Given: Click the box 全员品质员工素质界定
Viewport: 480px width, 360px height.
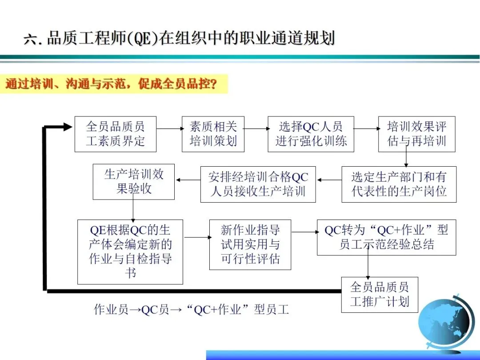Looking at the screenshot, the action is pyautogui.click(x=115, y=134).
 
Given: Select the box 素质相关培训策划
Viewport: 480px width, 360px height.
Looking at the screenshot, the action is pyautogui.click(x=213, y=134).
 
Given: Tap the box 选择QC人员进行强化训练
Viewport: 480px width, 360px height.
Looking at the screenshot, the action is pyautogui.click(x=311, y=134).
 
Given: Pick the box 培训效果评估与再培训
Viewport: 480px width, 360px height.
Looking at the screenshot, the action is pyautogui.click(x=416, y=134).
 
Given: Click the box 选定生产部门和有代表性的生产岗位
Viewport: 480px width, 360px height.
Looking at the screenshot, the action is pyautogui.click(x=399, y=184).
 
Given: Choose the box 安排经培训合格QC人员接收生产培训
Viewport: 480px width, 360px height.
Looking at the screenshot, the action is pyautogui.click(x=258, y=184).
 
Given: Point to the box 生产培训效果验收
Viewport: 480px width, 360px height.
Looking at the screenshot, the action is pyautogui.click(x=133, y=181).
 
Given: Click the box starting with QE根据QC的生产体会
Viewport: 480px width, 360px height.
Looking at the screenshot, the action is pyautogui.click(x=130, y=252).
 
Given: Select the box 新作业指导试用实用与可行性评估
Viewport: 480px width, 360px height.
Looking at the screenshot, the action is pyautogui.click(x=250, y=244).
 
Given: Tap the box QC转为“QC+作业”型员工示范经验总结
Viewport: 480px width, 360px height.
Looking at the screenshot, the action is pyautogui.click(x=386, y=237).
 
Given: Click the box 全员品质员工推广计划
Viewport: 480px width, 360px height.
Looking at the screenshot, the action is pyautogui.click(x=379, y=294).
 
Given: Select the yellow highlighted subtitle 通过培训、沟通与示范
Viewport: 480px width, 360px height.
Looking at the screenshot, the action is pyautogui.click(x=114, y=84).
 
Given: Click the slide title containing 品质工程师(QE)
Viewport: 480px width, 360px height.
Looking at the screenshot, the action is pyautogui.click(x=179, y=38).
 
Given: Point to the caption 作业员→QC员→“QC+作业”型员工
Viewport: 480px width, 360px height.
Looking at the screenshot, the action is pyautogui.click(x=192, y=309).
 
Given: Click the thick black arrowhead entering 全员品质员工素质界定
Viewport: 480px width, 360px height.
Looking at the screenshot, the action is pyautogui.click(x=67, y=127).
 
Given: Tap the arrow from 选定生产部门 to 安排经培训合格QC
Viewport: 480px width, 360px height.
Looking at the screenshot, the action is pyautogui.click(x=328, y=180).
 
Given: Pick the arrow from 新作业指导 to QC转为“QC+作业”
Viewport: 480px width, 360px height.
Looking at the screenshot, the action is pyautogui.click(x=304, y=232).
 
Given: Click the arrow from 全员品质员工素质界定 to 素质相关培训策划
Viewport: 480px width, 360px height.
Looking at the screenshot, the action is pyautogui.click(x=169, y=128).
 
